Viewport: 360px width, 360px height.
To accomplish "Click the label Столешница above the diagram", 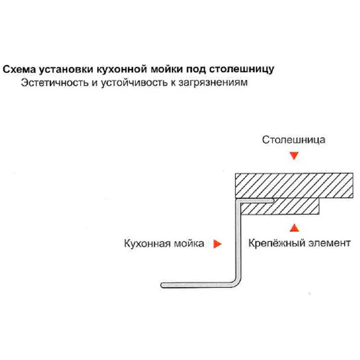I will click(x=294, y=140).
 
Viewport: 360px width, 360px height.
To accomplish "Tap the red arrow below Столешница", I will click(x=294, y=156).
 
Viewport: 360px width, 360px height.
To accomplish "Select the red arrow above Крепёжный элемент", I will click(x=294, y=228).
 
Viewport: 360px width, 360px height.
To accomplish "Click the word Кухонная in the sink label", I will click(x=146, y=243).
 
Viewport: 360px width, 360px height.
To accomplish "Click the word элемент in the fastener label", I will click(x=330, y=243).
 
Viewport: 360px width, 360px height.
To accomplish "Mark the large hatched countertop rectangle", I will click(x=294, y=185).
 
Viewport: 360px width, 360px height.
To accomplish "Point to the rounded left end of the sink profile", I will click(x=163, y=285).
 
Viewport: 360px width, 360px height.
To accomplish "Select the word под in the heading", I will click(x=196, y=69).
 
